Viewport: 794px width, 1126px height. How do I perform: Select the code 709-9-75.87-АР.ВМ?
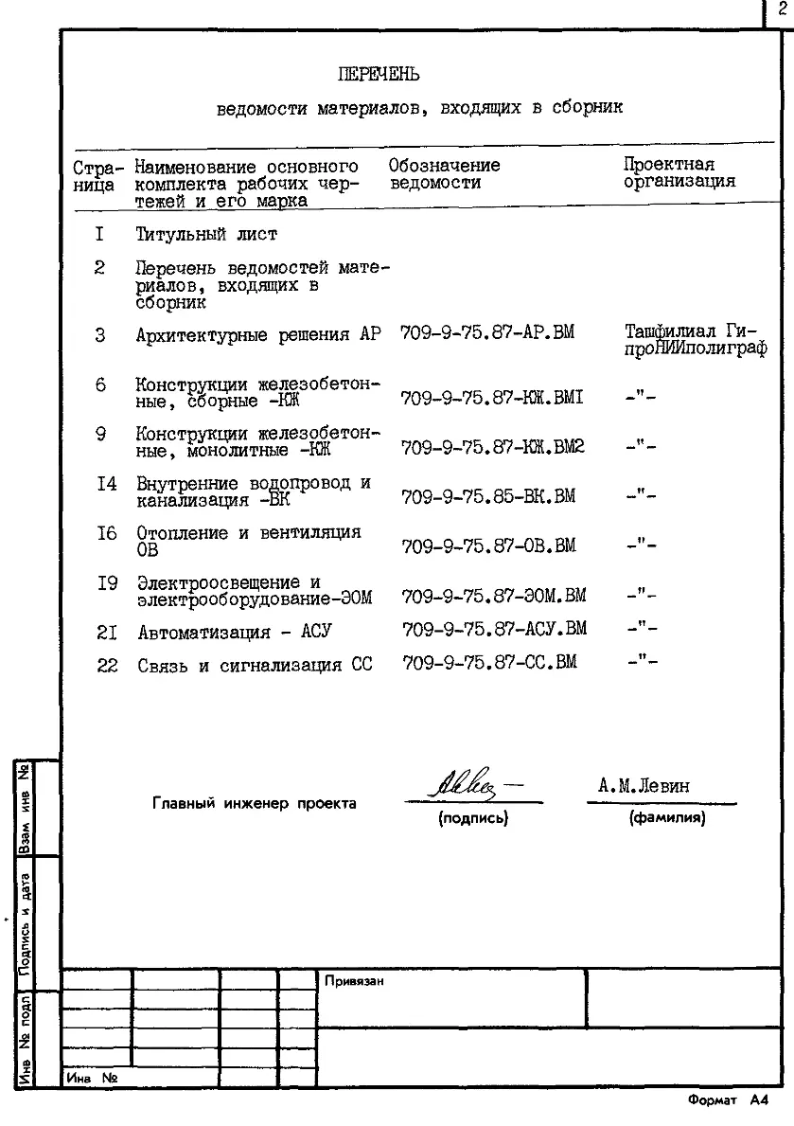(487, 333)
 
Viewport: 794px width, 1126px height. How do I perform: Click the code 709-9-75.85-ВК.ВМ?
(488, 496)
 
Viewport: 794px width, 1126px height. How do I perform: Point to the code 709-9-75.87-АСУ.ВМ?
(494, 629)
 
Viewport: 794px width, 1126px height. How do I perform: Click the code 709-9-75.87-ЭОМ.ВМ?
(494, 596)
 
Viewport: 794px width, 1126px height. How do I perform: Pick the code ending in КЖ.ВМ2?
(493, 447)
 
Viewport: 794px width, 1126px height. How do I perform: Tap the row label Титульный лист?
(206, 234)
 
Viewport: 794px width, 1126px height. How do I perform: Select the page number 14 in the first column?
(106, 484)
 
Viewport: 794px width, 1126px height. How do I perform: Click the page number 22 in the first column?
(107, 666)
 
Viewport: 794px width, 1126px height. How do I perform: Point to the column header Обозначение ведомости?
(444, 173)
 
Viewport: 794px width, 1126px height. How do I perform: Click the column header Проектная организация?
(679, 172)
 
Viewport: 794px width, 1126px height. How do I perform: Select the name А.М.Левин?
(644, 786)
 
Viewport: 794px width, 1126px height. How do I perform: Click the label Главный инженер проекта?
(255, 804)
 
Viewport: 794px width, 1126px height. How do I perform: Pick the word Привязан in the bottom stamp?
(354, 981)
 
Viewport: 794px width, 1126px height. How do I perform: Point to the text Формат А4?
(728, 1100)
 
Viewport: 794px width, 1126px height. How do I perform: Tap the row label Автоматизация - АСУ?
(235, 632)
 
